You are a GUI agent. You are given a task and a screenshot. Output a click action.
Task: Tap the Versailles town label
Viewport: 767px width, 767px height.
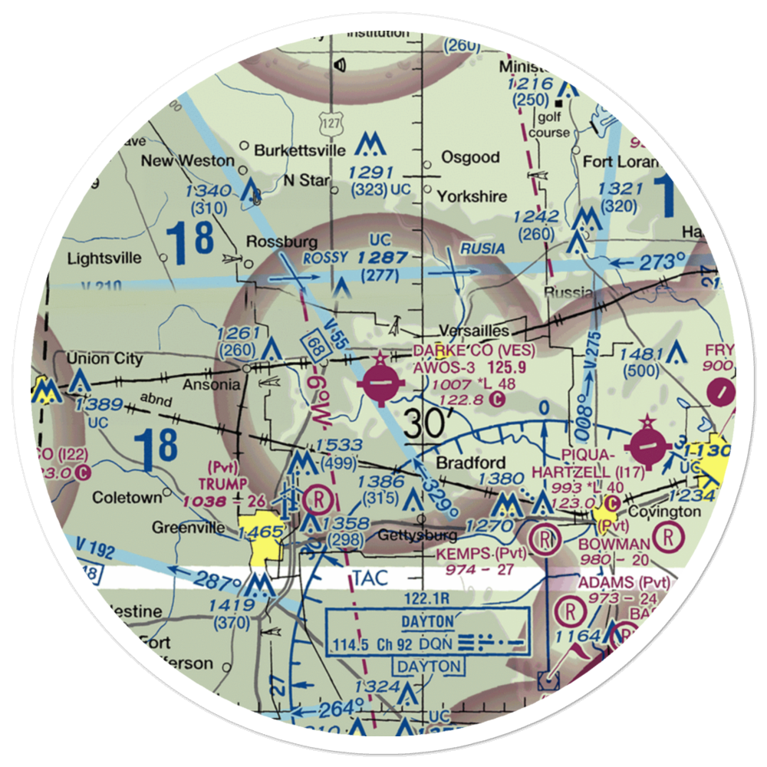(x=474, y=331)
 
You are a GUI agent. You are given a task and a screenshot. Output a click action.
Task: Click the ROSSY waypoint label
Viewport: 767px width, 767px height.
(x=325, y=257)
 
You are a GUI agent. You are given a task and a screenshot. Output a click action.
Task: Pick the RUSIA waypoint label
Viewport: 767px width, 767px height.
(x=482, y=249)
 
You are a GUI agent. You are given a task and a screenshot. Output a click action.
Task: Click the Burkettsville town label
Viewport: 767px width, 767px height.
(x=291, y=150)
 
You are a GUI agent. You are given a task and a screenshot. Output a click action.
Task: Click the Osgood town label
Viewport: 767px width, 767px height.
(x=470, y=157)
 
